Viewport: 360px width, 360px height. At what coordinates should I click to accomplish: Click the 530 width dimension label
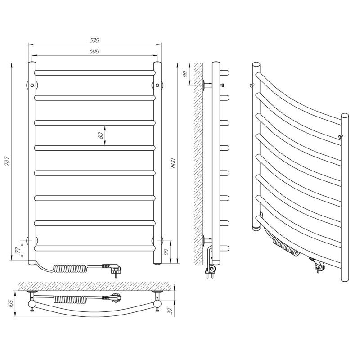click(x=94, y=40)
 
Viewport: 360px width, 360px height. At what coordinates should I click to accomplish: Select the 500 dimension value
click(x=94, y=51)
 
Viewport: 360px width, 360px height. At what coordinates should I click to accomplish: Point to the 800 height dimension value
click(x=173, y=163)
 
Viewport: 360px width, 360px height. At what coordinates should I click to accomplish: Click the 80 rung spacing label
click(x=100, y=136)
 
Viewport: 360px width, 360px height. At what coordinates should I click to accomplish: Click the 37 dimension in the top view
click(x=170, y=311)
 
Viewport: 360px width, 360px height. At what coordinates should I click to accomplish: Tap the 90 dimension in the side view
click(x=185, y=74)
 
